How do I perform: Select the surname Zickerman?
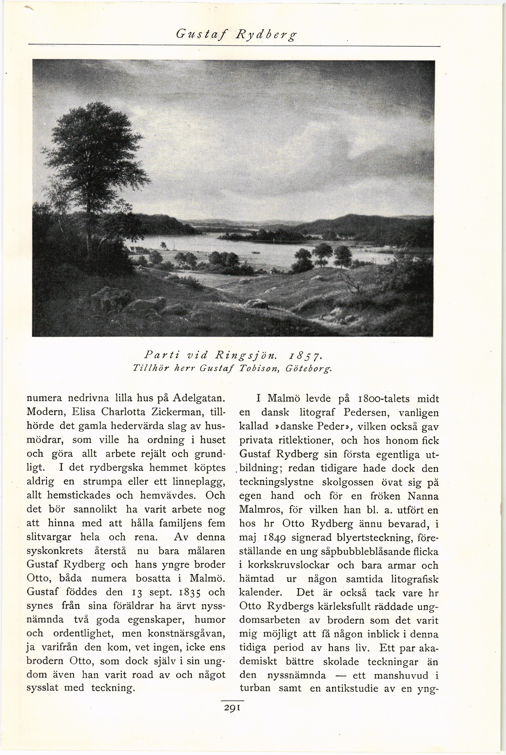pyautogui.click(x=175, y=412)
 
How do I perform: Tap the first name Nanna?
pyautogui.click(x=423, y=496)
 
